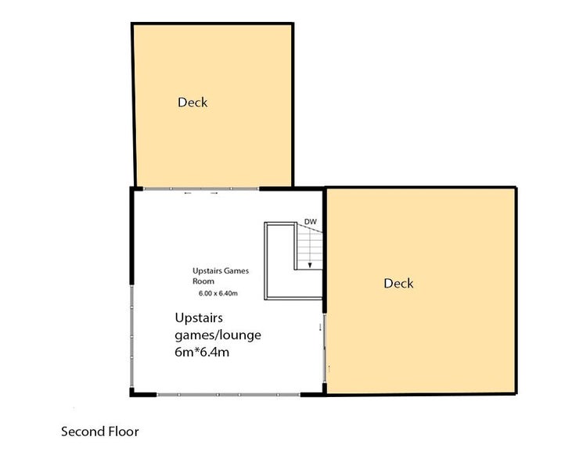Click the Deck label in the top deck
pyautogui.click(x=192, y=102)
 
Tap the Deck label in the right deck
pyautogui.click(x=398, y=284)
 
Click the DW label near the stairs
pyautogui.click(x=311, y=221)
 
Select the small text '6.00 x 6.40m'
pyautogui.click(x=218, y=293)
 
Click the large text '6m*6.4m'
pyautogui.click(x=202, y=353)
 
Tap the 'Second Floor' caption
pyautogui.click(x=100, y=431)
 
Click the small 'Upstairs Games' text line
pyautogui.click(x=221, y=270)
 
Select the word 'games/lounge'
pyautogui.click(x=218, y=335)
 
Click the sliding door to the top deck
pyautogui.click(x=201, y=188)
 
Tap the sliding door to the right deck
pyautogui.click(x=324, y=348)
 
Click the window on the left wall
pyautogui.click(x=131, y=337)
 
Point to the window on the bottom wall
pyautogui.click(x=228, y=395)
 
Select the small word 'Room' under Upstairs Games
pyautogui.click(x=203, y=281)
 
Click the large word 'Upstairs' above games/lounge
pyautogui.click(x=199, y=318)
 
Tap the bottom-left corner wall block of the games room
pyautogui.click(x=132, y=393)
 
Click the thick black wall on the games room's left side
pyautogui.click(x=131, y=236)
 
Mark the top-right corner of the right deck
pyautogui.click(x=516, y=188)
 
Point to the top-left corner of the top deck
pyautogui.click(x=132, y=24)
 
